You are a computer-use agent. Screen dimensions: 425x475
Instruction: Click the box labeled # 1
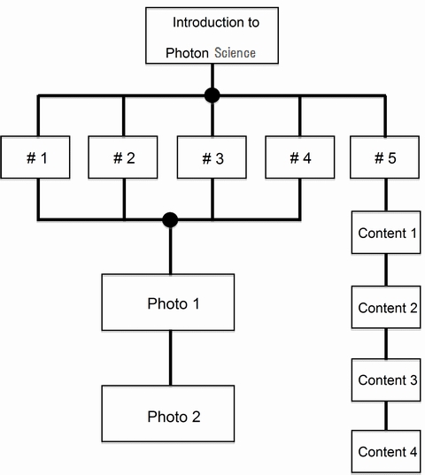[x=35, y=157]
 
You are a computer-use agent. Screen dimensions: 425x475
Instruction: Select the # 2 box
[x=123, y=157]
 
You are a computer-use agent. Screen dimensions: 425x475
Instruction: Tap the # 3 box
[x=212, y=157]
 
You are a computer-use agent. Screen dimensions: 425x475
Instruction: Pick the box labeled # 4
[x=300, y=157]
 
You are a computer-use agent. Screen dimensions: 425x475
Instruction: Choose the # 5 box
[x=384, y=157]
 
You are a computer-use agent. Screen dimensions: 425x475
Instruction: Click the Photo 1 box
[x=168, y=303]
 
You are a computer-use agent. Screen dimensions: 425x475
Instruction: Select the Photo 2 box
[x=168, y=413]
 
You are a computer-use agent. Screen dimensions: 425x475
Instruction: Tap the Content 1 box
[x=386, y=233]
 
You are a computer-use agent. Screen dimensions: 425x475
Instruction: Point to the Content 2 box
[x=386, y=307]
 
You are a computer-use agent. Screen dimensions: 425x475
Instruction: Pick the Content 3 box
[x=386, y=379]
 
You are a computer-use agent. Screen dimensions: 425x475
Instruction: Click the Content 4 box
[x=386, y=451]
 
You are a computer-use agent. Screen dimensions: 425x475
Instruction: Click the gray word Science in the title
[x=235, y=53]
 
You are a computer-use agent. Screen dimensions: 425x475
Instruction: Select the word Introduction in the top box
[x=205, y=22]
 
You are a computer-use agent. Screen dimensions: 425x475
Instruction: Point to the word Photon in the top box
[x=187, y=53]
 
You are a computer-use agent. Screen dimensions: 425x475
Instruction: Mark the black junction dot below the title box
[x=212, y=96]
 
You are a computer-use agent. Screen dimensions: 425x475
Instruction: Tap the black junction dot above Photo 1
[x=170, y=219]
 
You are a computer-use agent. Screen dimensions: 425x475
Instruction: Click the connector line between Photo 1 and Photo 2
[x=170, y=357]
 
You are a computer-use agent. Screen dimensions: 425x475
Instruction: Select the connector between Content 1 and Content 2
[x=386, y=270]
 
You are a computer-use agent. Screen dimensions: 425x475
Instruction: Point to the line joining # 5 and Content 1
[x=386, y=195]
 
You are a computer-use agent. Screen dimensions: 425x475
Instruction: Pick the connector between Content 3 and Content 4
[x=386, y=416]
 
